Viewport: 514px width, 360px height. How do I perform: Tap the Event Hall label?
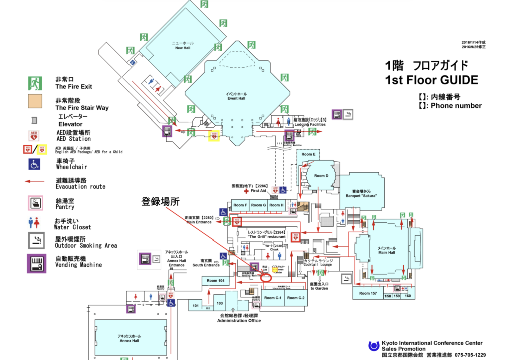236,96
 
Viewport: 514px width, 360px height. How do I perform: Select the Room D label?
321,176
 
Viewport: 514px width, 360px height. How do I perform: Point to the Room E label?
308,154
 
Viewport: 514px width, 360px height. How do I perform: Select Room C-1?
273,298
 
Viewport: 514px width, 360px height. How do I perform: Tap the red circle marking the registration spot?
266,277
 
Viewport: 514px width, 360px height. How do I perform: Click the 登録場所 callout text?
160,202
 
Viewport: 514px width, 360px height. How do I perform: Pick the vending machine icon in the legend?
34,262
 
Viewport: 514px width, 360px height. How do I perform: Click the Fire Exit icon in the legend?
34,83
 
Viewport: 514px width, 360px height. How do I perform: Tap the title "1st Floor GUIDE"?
432,80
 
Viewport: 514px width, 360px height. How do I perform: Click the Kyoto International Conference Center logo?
373,346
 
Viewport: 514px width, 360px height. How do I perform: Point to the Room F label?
240,205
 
